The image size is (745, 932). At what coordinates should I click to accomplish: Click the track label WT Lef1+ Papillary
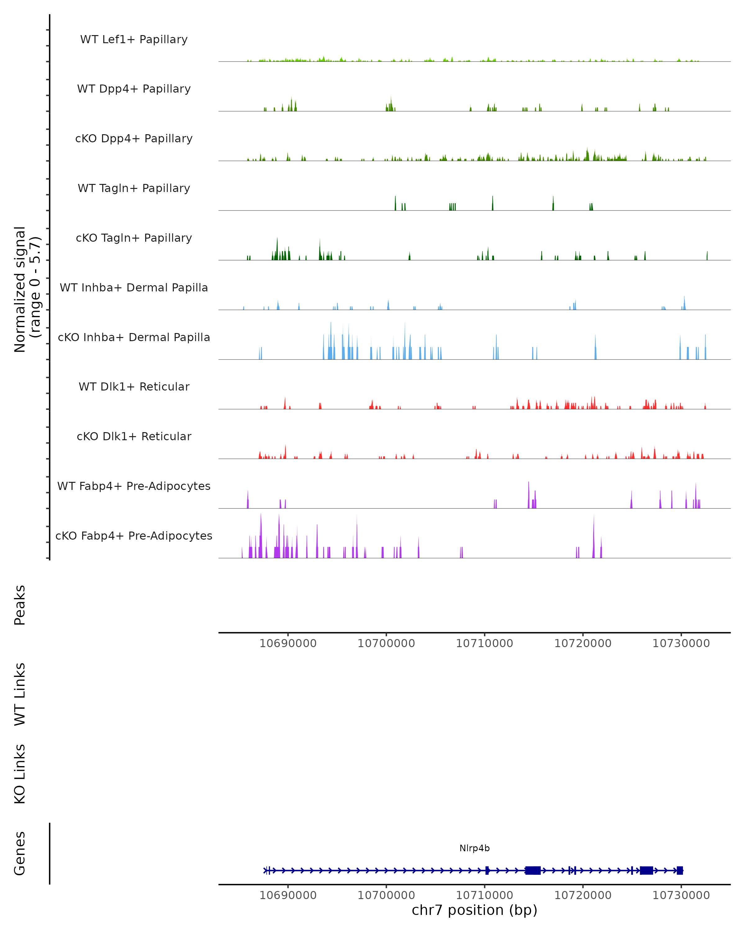(134, 39)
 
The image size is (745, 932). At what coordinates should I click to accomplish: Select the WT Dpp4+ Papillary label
(134, 89)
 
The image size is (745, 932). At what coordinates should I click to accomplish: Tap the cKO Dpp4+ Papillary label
(134, 139)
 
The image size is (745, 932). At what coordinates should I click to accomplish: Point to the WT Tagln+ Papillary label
(134, 189)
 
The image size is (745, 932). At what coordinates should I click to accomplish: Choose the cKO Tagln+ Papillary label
(134, 238)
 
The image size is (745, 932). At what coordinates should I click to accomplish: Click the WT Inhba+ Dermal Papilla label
(134, 288)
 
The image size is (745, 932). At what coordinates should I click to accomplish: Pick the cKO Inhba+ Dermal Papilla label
(134, 338)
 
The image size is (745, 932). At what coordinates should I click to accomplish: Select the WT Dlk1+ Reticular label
(134, 387)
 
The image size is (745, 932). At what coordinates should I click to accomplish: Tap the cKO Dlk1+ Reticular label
(134, 436)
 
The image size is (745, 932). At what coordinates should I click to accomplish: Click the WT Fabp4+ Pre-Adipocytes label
(134, 486)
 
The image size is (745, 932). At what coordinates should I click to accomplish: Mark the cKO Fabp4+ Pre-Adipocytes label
(134, 536)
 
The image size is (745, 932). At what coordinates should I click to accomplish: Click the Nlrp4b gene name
(474, 848)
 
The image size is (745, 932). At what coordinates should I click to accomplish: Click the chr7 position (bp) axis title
(474, 910)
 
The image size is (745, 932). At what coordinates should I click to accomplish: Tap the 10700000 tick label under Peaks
(386, 644)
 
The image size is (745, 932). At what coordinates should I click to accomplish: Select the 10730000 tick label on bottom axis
(681, 896)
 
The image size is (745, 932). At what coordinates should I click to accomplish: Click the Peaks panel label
(20, 605)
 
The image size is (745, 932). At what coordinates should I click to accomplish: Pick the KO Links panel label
(20, 774)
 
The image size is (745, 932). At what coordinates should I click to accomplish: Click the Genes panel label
(20, 853)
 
